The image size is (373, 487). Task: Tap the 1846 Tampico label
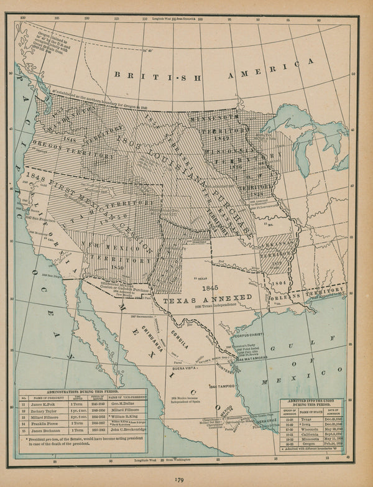click(224, 386)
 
